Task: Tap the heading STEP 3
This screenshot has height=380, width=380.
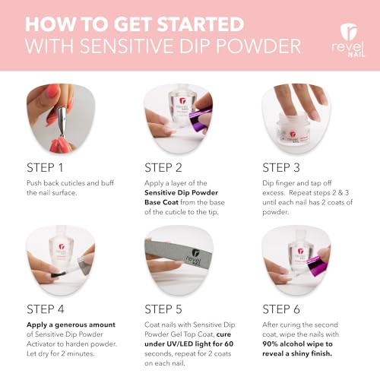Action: [x=287, y=166]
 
